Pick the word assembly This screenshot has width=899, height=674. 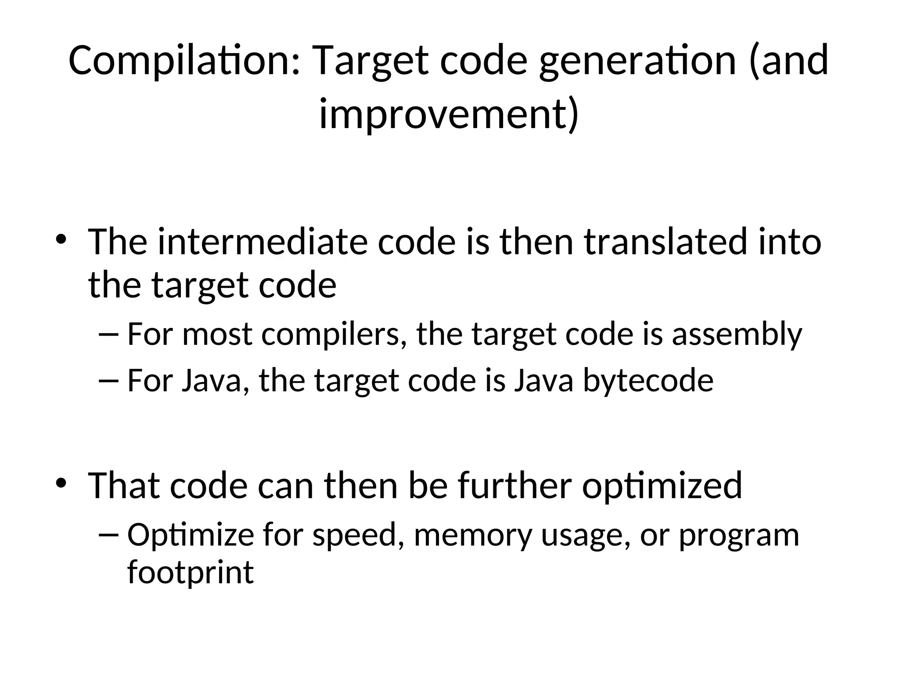click(737, 335)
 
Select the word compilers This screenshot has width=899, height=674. click(334, 335)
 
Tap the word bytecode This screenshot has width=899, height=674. click(648, 380)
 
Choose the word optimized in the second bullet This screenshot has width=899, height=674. click(662, 486)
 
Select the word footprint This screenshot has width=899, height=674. click(191, 572)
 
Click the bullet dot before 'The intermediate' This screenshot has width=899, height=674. click(61, 240)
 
